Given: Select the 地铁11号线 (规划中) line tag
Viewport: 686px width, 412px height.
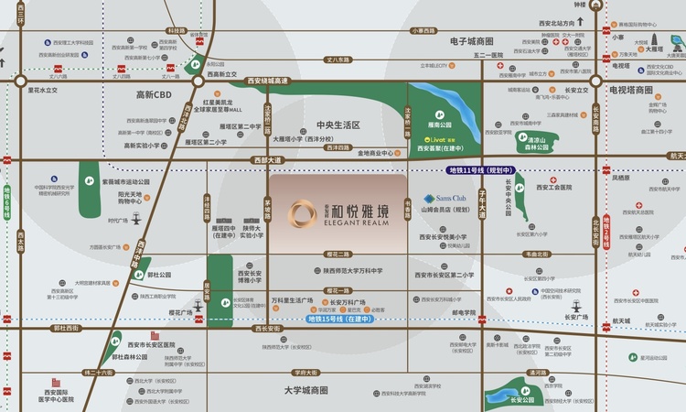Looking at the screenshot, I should [x=482, y=170].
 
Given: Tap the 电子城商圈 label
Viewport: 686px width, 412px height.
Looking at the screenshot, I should [x=472, y=41].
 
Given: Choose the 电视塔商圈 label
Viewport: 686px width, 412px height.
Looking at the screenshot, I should [x=631, y=91].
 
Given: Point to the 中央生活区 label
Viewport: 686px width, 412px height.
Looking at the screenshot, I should [x=338, y=125].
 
